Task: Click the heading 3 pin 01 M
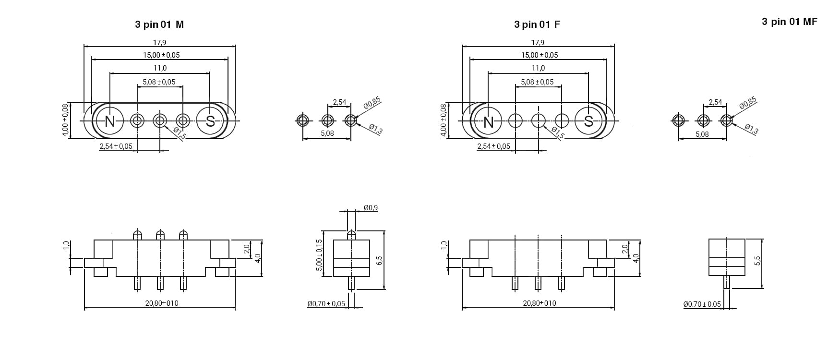[x=159, y=24]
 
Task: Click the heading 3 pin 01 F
[x=537, y=24]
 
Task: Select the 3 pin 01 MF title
[x=789, y=22]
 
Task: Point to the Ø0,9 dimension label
[x=371, y=208]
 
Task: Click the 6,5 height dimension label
[x=379, y=261]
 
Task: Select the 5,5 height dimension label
[x=757, y=261]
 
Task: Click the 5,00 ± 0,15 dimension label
[x=319, y=255]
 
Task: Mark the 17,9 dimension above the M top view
[x=160, y=43]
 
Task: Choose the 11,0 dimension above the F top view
[x=538, y=68]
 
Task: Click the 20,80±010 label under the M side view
[x=162, y=303]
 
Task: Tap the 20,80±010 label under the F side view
[x=540, y=303]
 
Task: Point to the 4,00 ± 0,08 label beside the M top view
[x=66, y=120]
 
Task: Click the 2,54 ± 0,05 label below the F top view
[x=493, y=146]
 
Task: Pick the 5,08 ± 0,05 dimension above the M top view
[x=159, y=82]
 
